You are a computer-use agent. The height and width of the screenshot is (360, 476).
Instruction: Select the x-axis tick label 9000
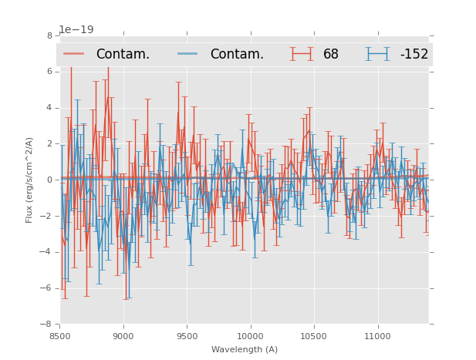[x=123, y=336]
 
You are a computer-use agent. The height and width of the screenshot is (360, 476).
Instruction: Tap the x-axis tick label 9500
[x=187, y=336]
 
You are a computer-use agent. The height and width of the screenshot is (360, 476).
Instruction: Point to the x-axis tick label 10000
[x=250, y=336]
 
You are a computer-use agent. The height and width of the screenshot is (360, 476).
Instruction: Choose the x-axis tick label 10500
[x=313, y=336]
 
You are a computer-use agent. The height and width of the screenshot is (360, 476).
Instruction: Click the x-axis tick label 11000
[x=376, y=336]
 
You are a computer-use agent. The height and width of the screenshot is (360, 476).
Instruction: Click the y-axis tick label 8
[x=49, y=35]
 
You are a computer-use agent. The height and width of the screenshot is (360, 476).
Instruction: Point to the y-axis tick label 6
[x=49, y=72]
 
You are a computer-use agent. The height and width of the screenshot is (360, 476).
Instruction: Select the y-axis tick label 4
[x=49, y=108]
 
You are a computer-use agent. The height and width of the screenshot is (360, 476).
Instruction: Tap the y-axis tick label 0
[x=49, y=180]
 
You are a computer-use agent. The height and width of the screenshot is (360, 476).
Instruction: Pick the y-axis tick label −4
[x=47, y=252]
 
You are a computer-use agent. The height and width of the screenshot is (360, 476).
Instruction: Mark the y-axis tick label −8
[x=47, y=325]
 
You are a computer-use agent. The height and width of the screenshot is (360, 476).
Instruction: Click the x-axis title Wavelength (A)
[x=245, y=350]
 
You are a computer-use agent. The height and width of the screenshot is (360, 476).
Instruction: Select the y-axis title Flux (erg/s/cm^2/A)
[x=29, y=180]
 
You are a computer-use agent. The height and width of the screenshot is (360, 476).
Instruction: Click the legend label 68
[x=331, y=55]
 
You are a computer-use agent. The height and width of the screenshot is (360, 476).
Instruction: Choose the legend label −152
[x=414, y=55]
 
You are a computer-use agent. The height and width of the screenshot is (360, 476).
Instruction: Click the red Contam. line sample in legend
[x=74, y=54]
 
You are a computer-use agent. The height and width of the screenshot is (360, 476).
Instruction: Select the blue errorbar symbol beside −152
[x=377, y=54]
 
